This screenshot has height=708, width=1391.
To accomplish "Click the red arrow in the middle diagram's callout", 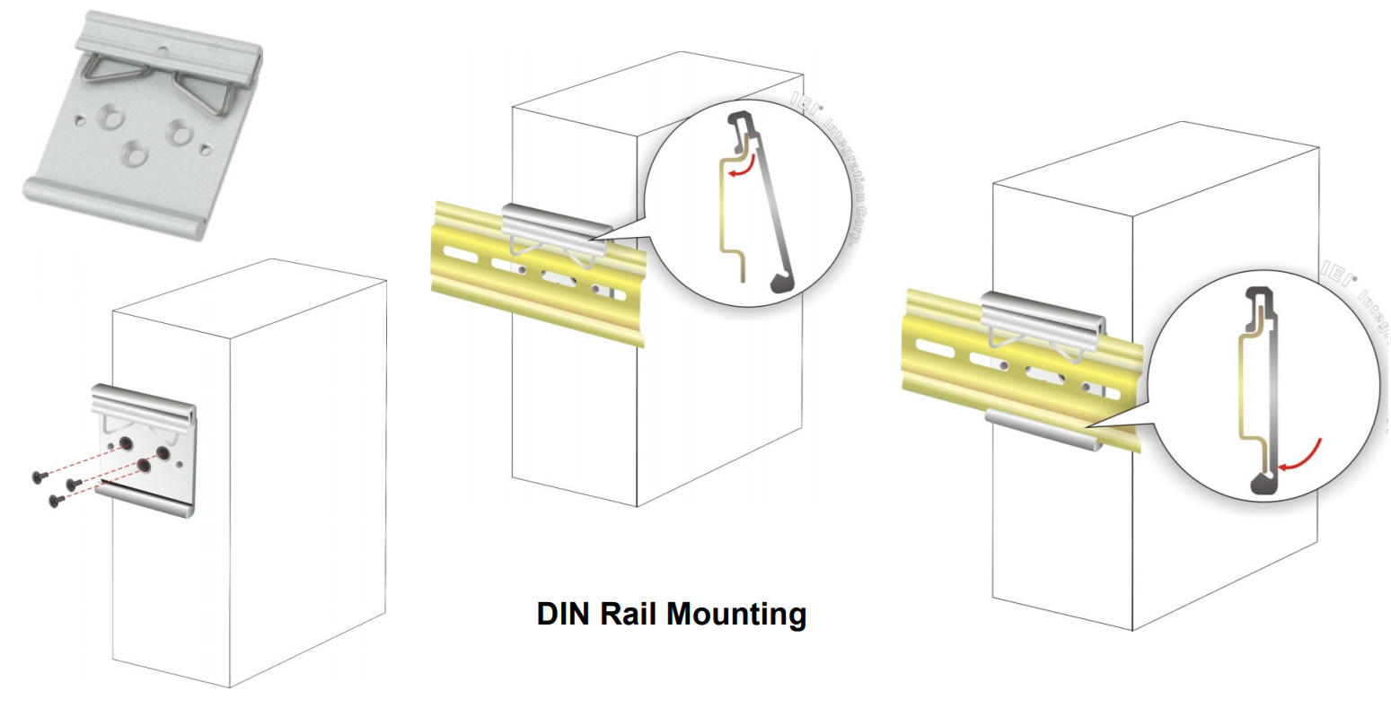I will click(740, 169).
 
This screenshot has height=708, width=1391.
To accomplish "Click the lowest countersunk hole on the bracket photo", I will click(135, 154).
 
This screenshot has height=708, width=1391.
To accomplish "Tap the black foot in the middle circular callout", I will click(784, 283).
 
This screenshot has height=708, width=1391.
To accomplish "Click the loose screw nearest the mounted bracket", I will click(75, 485).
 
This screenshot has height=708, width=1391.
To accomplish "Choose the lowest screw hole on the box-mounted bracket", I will click(144, 466).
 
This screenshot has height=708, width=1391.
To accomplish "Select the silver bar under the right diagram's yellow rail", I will click(1042, 426).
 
